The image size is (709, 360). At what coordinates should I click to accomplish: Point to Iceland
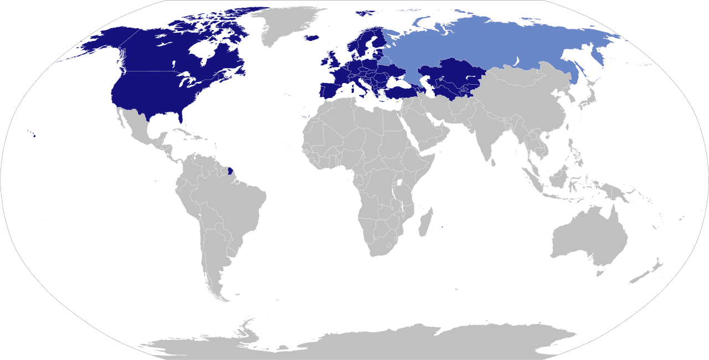[x=312, y=38]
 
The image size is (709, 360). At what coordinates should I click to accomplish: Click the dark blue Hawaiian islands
[x=33, y=134]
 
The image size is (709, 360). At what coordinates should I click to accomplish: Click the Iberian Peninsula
[x=328, y=90]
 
